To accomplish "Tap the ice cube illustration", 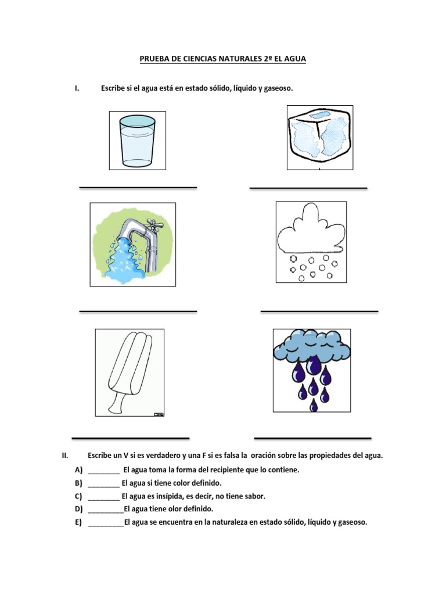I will (x=320, y=138).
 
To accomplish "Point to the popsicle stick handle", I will (x=118, y=401).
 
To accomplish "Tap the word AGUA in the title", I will (x=294, y=59).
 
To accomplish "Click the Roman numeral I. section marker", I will (x=77, y=88).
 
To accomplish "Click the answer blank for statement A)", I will (x=104, y=469).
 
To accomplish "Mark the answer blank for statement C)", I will (x=104, y=496).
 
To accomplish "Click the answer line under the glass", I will (x=138, y=187).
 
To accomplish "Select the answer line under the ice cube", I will (x=308, y=188).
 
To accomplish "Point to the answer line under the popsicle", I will (x=131, y=438).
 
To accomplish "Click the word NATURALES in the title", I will (x=229, y=59).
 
